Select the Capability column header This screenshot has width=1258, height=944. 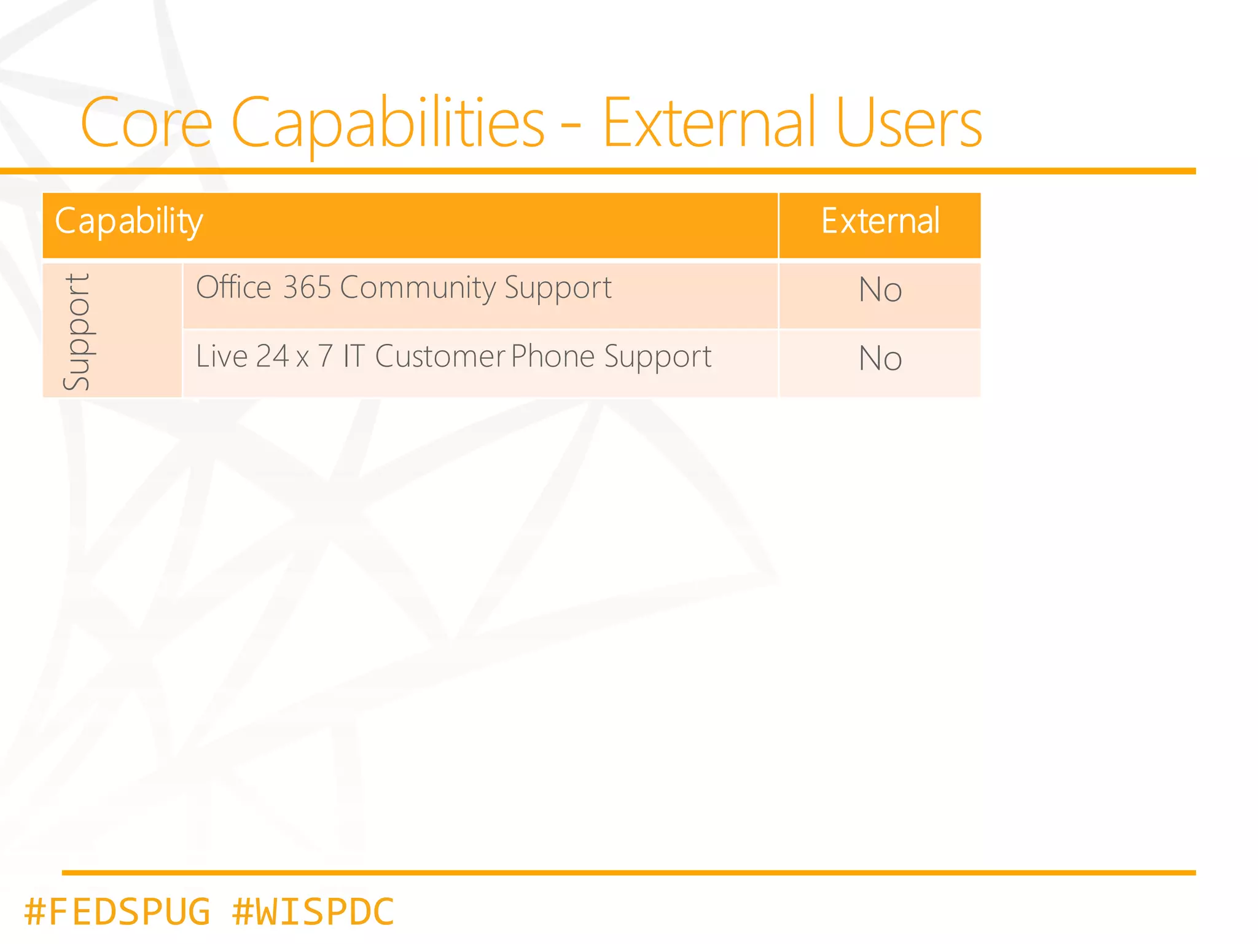click(x=129, y=221)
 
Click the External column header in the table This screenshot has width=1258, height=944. click(x=880, y=221)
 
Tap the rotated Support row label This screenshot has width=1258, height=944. click(x=77, y=332)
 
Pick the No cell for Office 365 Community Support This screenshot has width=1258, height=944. click(x=880, y=290)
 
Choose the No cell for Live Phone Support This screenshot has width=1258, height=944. click(x=880, y=359)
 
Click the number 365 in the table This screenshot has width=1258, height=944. click(x=307, y=287)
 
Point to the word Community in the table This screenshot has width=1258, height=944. click(x=418, y=287)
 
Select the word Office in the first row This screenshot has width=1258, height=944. click(x=233, y=287)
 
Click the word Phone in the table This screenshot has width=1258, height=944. click(x=553, y=356)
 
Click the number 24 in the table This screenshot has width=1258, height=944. click(x=272, y=356)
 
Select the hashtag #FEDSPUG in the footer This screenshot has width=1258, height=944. click(x=117, y=911)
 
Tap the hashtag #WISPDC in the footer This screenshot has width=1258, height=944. click(x=313, y=911)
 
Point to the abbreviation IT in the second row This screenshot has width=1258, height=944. click(x=353, y=356)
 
